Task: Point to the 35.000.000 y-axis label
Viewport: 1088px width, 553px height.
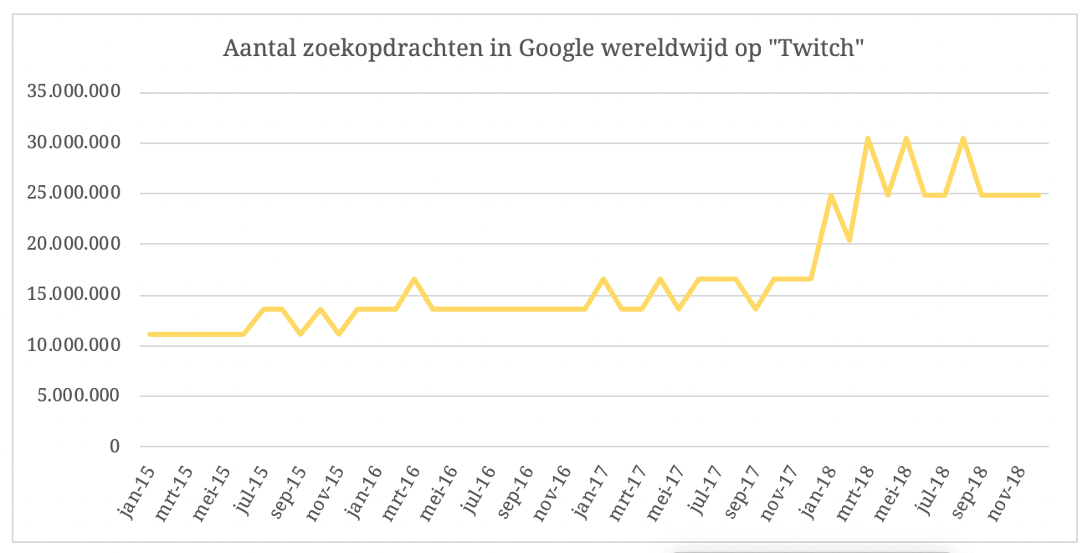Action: pos(74,92)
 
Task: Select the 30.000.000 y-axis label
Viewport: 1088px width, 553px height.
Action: pos(74,143)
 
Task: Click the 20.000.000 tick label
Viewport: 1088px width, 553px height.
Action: pos(74,245)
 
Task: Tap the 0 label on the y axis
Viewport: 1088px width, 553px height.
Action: pos(115,447)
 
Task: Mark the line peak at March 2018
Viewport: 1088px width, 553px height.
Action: pos(868,138)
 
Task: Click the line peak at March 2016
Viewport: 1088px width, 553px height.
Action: pos(414,279)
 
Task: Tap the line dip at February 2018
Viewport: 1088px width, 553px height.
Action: pos(849,240)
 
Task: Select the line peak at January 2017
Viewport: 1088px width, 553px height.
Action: pos(603,279)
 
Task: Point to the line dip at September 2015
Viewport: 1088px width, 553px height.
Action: pos(300,333)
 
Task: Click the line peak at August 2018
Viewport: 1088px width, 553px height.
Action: pos(963,138)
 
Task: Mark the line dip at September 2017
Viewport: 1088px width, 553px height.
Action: pos(755,308)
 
